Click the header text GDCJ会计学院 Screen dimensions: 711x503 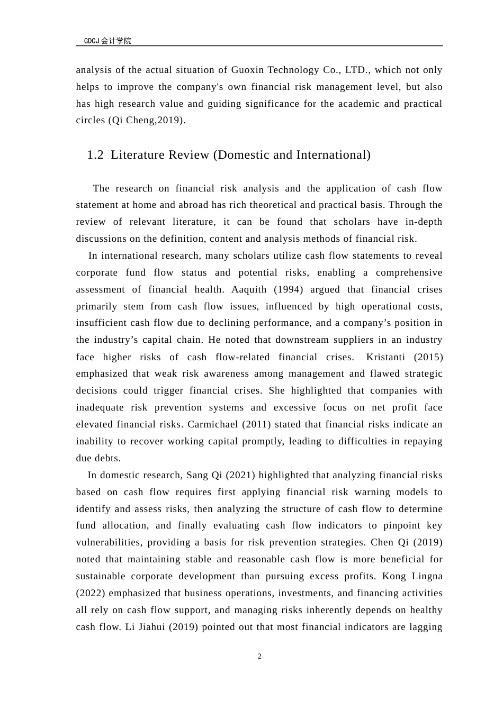click(107, 41)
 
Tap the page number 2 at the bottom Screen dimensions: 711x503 click(259, 657)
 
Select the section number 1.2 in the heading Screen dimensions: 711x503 click(95, 155)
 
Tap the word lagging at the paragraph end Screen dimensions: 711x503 click(425, 627)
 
